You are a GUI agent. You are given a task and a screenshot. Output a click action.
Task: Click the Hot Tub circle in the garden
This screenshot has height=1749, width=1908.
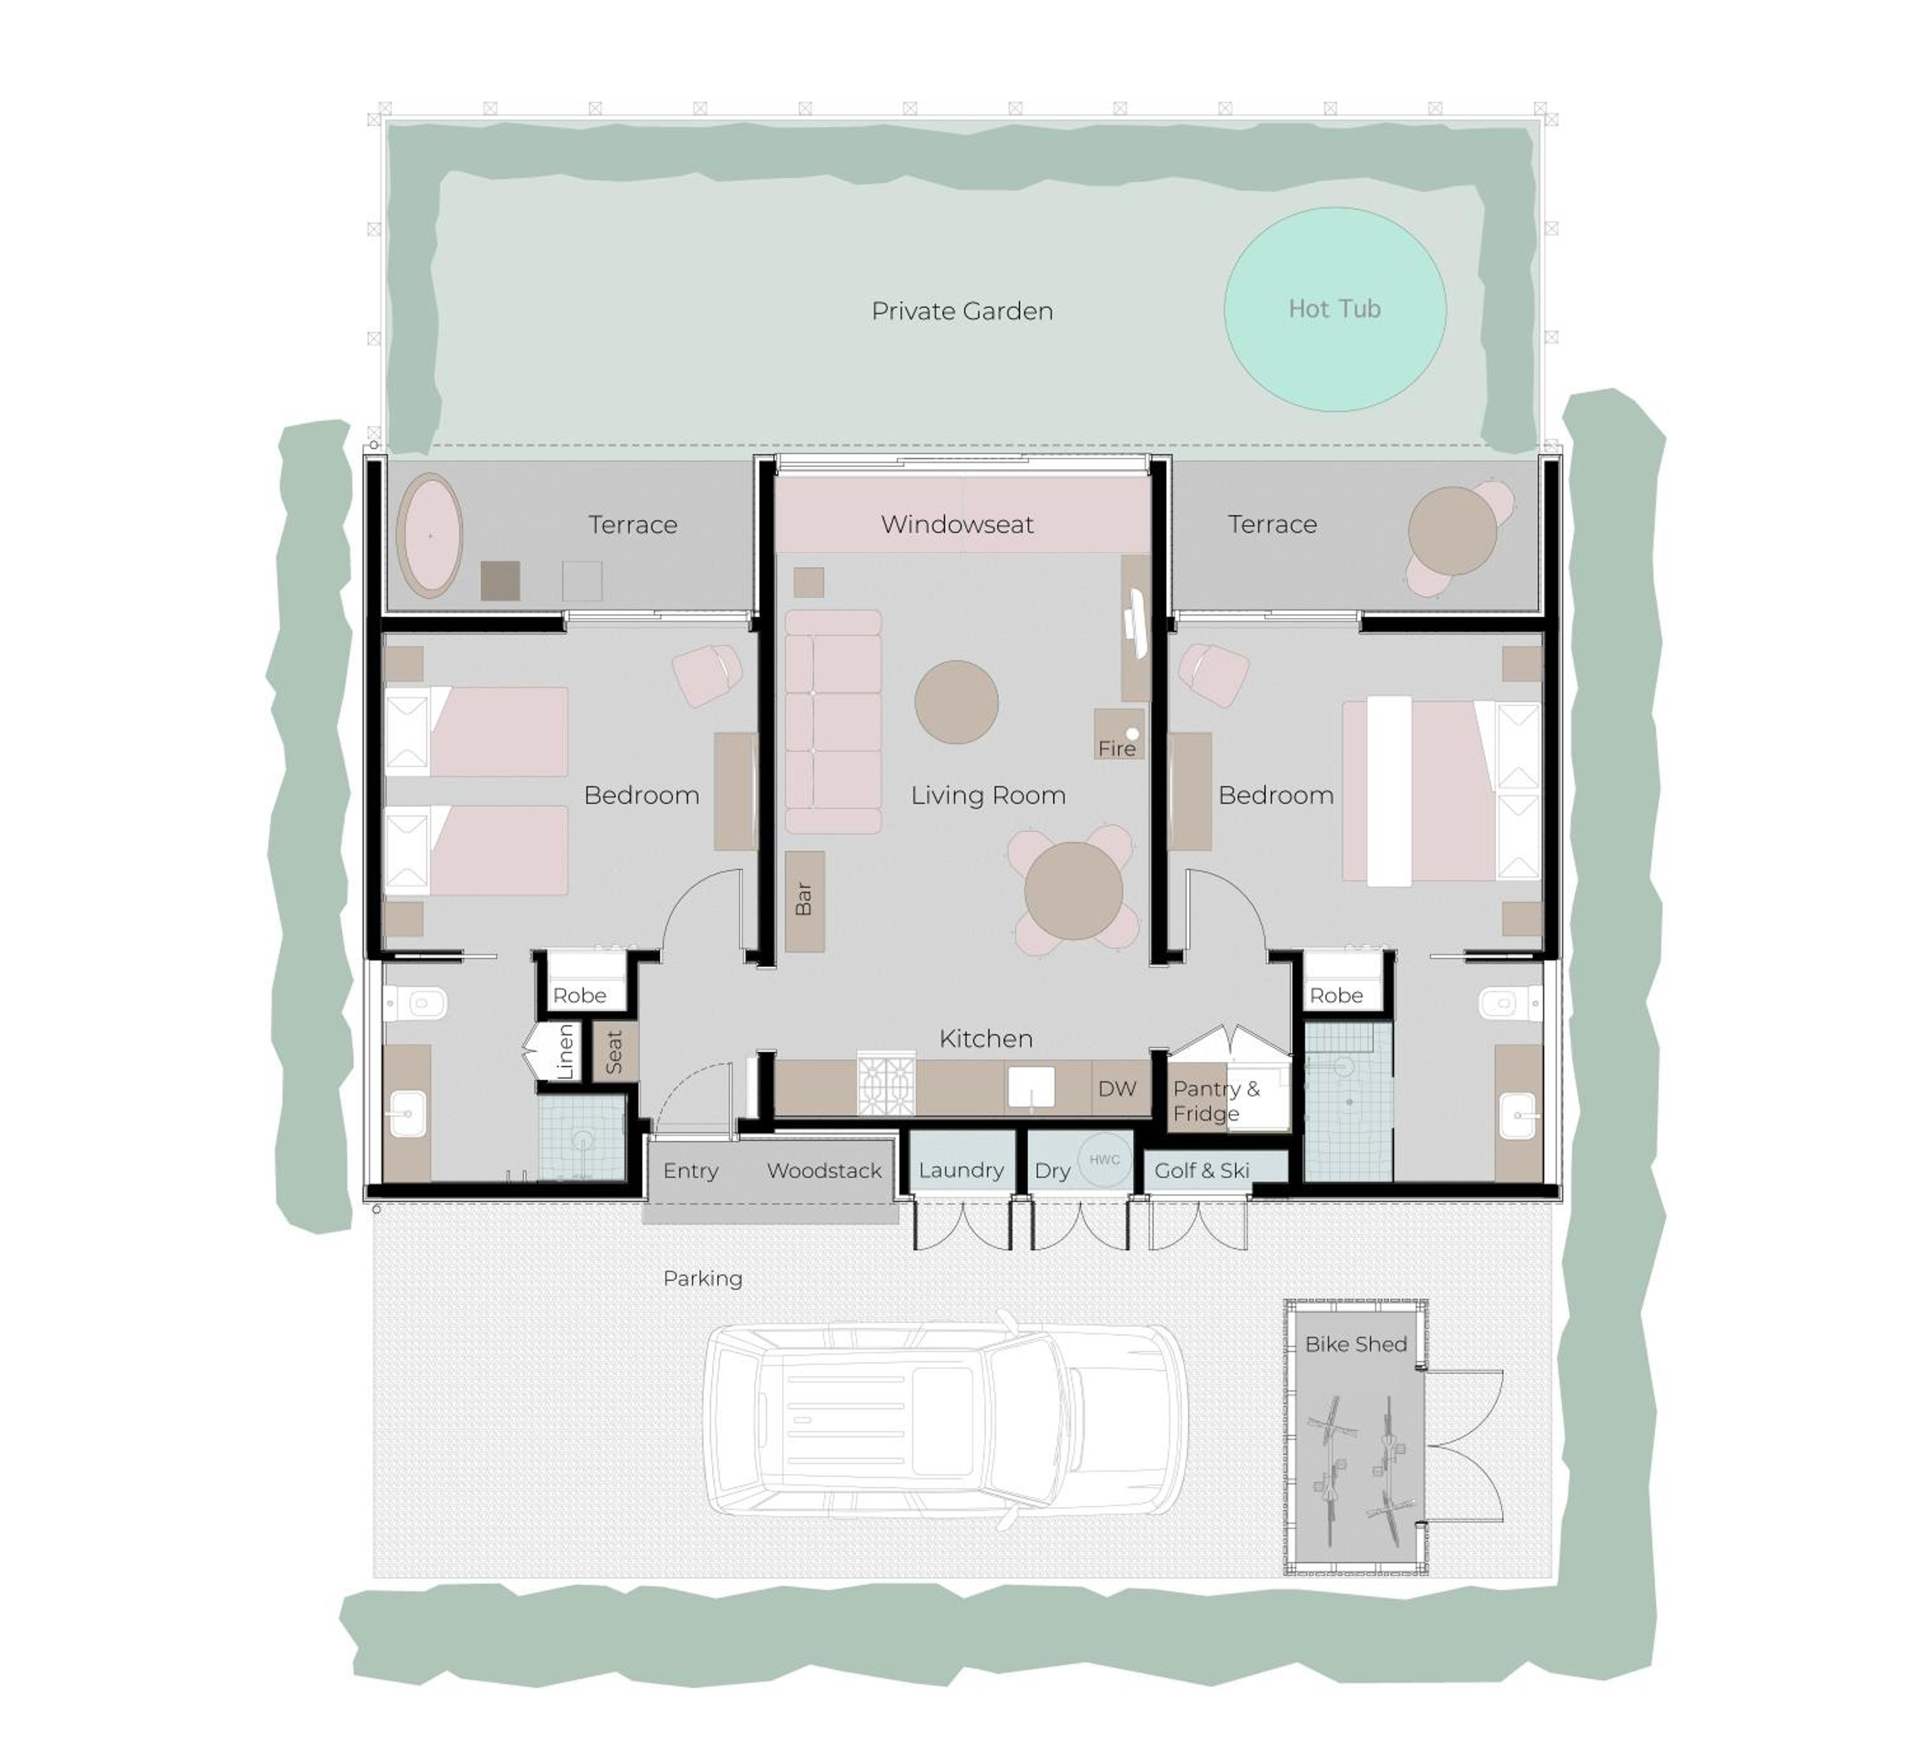(x=1334, y=310)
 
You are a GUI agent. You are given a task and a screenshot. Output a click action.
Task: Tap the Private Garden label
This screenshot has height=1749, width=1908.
(x=962, y=312)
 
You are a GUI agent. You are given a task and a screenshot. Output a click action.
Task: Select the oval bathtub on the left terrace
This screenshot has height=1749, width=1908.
(x=430, y=536)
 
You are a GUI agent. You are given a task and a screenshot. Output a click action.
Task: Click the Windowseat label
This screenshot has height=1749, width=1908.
(x=957, y=524)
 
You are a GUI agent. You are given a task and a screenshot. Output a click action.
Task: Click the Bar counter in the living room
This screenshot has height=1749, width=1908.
(x=805, y=901)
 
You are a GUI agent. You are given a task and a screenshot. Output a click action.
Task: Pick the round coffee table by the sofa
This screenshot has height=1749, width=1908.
(x=956, y=702)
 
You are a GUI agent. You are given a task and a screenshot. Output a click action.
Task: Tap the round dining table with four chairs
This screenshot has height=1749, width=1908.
(x=1074, y=890)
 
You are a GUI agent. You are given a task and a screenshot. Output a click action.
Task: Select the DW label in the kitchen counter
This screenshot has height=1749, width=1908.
(x=1117, y=1088)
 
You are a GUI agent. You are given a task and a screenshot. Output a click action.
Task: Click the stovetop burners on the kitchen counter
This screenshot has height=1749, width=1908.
(x=886, y=1084)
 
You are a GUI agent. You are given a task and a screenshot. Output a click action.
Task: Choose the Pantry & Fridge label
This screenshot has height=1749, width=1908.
(x=1216, y=1101)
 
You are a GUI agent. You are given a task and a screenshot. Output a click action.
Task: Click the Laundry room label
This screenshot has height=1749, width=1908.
(x=960, y=1171)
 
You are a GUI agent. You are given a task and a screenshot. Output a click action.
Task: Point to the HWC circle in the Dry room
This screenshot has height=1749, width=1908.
(x=1105, y=1159)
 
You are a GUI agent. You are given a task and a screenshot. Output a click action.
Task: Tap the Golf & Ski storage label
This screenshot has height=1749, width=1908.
(x=1202, y=1171)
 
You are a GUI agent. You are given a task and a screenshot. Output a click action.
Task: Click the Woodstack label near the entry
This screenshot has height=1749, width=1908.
(x=824, y=1171)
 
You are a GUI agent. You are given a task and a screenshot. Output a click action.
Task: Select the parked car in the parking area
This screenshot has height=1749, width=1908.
(x=946, y=1421)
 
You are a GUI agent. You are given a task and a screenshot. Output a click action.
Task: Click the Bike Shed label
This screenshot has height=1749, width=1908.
(x=1355, y=1344)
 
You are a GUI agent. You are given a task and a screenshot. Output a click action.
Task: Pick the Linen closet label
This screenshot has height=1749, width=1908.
(x=565, y=1051)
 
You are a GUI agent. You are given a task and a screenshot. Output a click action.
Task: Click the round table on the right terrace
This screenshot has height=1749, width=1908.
(x=1452, y=531)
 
